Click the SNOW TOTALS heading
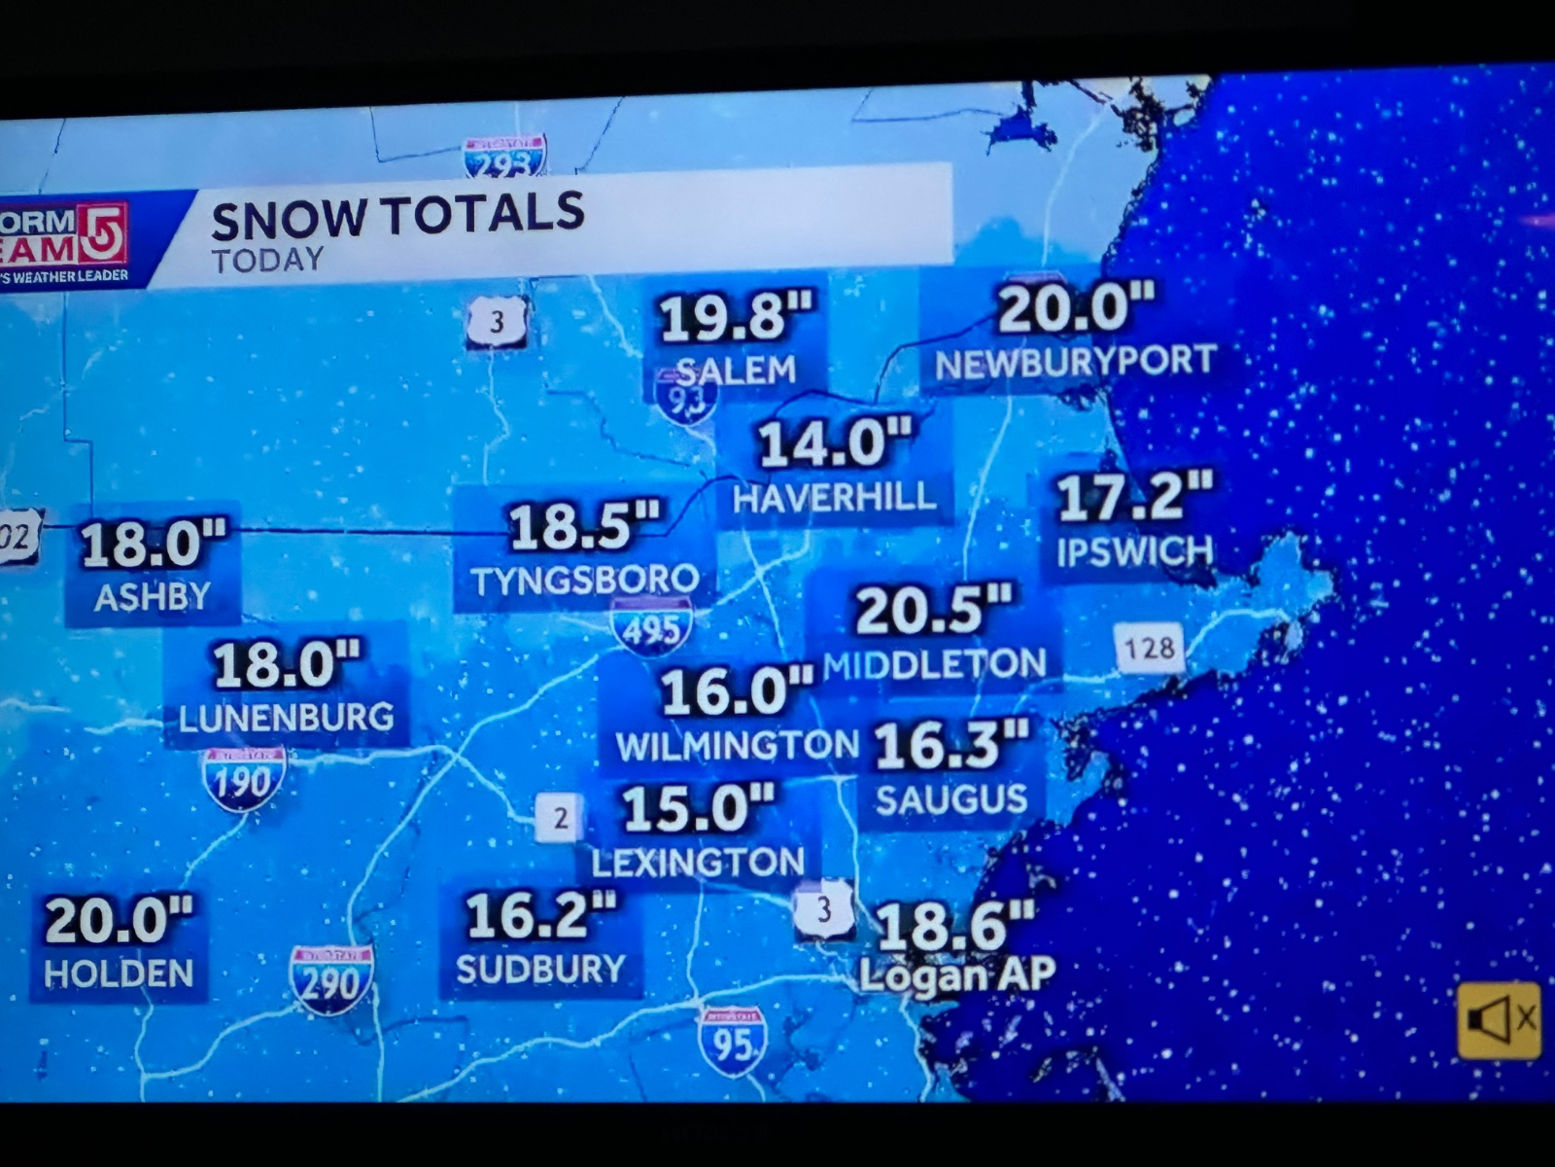tap(397, 216)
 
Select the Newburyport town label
tap(1075, 362)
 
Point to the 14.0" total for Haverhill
tap(835, 443)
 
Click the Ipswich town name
tap(1134, 551)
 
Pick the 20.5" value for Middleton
tap(933, 611)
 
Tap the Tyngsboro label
tap(585, 581)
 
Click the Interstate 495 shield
tap(651, 628)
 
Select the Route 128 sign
tap(1150, 648)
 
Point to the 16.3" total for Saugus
tap(950, 745)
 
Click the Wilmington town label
tap(737, 746)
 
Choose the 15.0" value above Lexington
tap(698, 808)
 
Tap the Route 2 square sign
tap(560, 818)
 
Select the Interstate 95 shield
tap(732, 1042)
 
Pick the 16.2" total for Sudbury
tap(540, 916)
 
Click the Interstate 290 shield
tap(331, 979)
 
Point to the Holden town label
tap(119, 973)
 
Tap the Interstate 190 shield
tap(243, 780)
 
